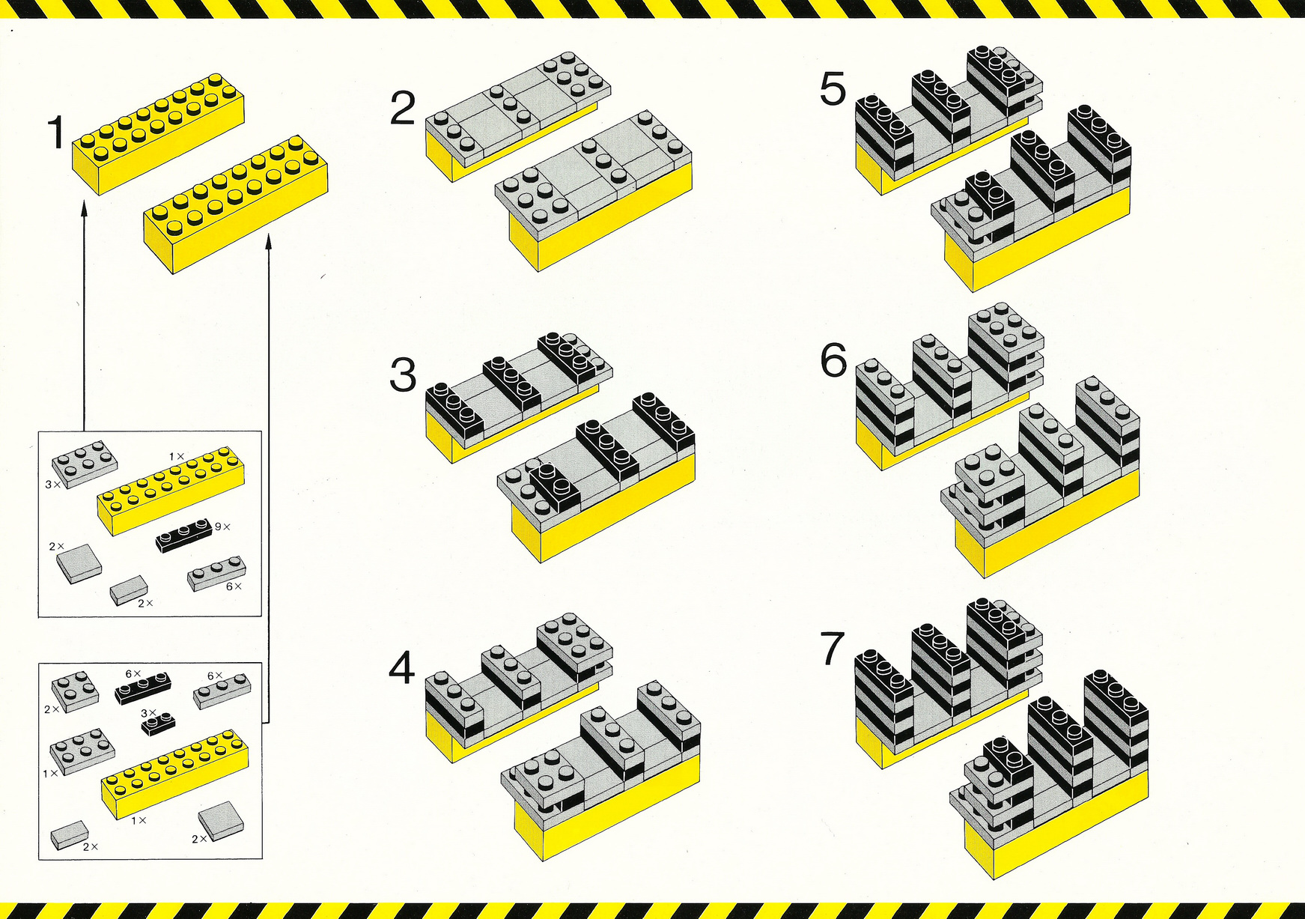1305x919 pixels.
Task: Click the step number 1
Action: [56, 133]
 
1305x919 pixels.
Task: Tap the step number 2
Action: [403, 109]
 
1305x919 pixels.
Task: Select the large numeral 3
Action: [403, 375]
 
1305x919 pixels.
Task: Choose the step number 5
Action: [833, 89]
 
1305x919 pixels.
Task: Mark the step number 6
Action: [833, 361]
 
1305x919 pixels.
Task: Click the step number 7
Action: [833, 649]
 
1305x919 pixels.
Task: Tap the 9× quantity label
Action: [222, 527]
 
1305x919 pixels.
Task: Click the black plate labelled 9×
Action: [184, 534]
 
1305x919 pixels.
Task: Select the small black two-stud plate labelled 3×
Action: [158, 723]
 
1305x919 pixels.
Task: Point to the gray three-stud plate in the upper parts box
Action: [216, 574]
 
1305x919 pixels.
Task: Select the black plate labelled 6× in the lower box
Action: [142, 688]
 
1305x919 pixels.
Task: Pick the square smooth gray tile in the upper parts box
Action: [79, 563]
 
